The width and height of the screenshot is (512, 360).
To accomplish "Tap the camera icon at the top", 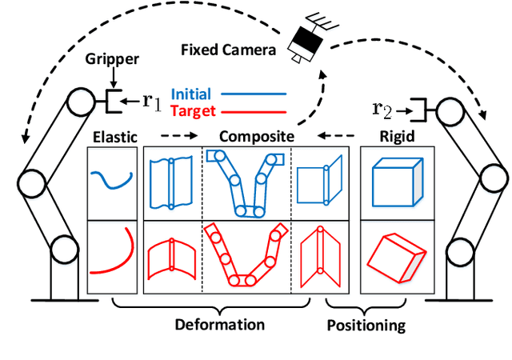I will [x=307, y=36].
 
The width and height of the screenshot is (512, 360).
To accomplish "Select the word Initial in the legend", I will [x=191, y=94].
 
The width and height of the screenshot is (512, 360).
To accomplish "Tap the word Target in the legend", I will [x=191, y=110].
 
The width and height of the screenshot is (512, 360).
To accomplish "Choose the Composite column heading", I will [x=255, y=137].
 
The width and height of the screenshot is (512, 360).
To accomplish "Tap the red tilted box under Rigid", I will [x=396, y=257].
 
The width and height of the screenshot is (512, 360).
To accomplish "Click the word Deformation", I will [x=220, y=325].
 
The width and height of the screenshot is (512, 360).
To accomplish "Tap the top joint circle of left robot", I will [x=79, y=102].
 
